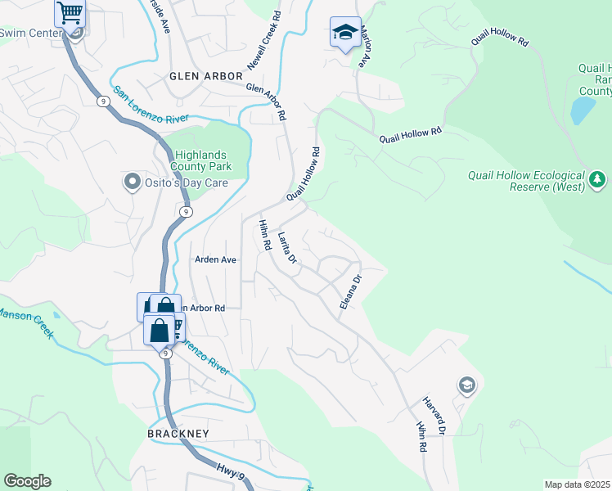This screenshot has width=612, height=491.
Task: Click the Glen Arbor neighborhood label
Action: click(x=205, y=75)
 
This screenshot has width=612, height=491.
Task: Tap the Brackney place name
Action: click(x=178, y=433)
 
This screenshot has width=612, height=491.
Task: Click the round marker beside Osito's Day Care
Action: click(x=131, y=182)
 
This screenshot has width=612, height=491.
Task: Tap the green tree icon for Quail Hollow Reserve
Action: click(x=598, y=179)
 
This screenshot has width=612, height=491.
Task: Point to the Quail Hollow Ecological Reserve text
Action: click(x=526, y=181)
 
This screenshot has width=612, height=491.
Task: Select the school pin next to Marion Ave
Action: click(x=345, y=33)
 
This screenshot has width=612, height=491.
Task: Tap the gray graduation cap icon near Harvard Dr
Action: click(x=466, y=385)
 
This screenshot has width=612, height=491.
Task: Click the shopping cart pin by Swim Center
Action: click(x=70, y=13)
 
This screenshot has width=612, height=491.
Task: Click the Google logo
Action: click(x=27, y=481)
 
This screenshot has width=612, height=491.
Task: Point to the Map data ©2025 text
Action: click(x=577, y=484)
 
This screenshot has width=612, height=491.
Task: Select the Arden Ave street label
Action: click(x=215, y=259)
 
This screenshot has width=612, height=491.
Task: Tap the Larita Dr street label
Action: click(x=286, y=248)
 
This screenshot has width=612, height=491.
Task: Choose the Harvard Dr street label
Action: click(x=434, y=416)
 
